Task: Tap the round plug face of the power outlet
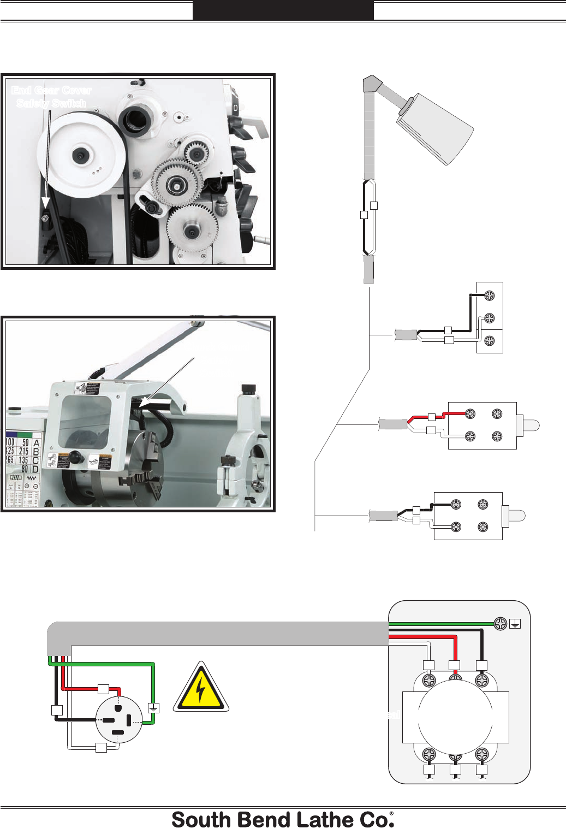(118, 719)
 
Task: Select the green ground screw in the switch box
(500, 624)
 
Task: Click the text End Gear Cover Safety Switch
(51, 97)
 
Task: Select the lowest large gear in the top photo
(192, 230)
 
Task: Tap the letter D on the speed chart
(36, 469)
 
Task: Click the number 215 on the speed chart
(23, 451)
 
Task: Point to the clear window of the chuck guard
(85, 421)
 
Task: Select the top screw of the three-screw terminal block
(490, 295)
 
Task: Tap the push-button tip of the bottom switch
(517, 516)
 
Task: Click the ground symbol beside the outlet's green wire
(154, 708)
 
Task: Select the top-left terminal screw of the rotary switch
(430, 681)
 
